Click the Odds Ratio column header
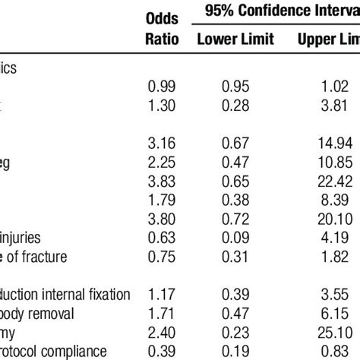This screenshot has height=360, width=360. pyautogui.click(x=162, y=30)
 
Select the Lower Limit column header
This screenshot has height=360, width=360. pyautogui.click(x=232, y=39)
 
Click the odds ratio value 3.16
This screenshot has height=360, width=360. pyautogui.click(x=162, y=145)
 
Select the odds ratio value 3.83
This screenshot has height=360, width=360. pyautogui.click(x=162, y=181)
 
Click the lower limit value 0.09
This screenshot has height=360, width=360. pyautogui.click(x=232, y=236)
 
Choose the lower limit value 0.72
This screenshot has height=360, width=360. pyautogui.click(x=232, y=218)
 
